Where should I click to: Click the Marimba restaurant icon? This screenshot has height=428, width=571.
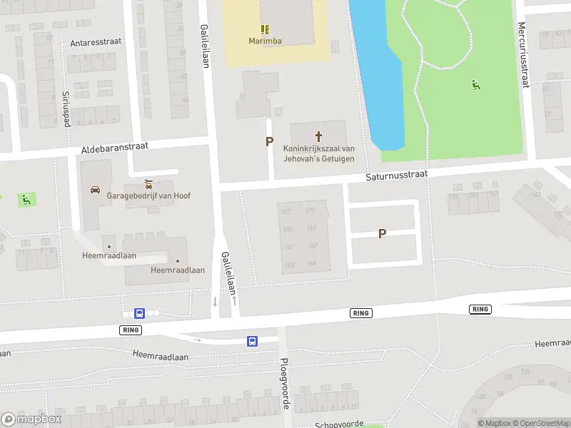265,29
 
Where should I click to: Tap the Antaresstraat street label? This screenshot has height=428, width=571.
96,42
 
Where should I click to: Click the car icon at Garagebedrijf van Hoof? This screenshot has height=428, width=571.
95,190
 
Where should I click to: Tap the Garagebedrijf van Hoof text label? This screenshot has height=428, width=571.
148,195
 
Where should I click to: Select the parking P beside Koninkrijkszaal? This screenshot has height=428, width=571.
269,141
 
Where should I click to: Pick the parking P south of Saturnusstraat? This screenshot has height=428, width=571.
383,233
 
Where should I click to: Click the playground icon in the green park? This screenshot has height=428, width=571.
475,85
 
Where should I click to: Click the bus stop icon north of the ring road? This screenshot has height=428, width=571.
139,313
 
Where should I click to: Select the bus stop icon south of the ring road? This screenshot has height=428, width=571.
252,341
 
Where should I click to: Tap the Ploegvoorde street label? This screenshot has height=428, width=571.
285,384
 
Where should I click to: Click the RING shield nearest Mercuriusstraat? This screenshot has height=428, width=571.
480,309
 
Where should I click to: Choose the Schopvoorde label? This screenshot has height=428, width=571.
339,424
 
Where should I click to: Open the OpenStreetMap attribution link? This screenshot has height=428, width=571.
541,423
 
